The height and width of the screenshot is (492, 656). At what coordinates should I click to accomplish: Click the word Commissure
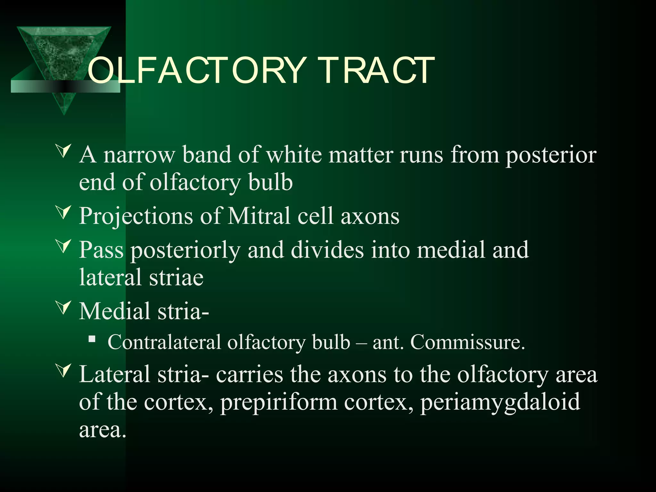point(468,342)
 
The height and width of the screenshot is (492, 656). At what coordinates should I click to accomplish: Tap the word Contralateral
point(164,342)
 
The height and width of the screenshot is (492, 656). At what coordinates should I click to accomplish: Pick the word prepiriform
point(279,402)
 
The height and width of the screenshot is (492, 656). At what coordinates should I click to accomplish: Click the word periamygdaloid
point(500,402)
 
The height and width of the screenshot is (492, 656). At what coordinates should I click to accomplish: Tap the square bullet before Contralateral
point(92,339)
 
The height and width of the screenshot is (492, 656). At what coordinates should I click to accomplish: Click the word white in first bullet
point(294,154)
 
